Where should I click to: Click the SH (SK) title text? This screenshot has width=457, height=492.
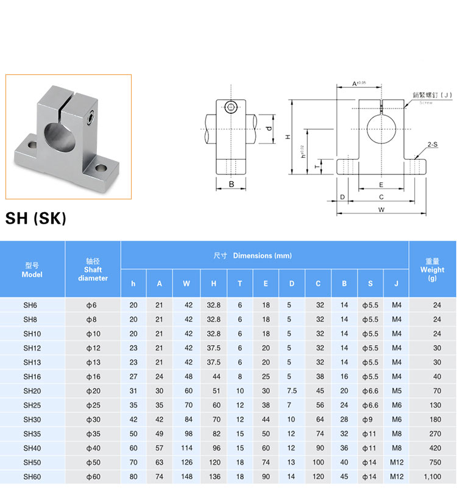pos(36,218)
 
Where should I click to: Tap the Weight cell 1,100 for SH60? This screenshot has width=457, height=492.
pos(433,477)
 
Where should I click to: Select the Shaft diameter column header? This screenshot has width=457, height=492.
pos(93,269)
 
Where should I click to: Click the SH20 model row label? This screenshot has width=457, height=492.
pos(32,391)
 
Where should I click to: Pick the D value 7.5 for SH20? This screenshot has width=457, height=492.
pos(292,391)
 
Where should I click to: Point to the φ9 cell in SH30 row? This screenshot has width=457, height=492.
pos(367,419)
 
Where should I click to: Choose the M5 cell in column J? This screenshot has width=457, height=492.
pos(397,391)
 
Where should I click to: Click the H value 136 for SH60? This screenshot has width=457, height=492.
pos(215,477)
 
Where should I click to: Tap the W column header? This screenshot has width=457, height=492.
pos(186,283)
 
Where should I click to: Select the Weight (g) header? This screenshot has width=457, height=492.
pos(432,269)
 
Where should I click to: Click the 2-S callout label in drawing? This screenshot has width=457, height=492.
pos(433,144)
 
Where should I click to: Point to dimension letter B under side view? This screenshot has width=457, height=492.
pos(232,184)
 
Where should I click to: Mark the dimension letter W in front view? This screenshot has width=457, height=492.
pos(381,210)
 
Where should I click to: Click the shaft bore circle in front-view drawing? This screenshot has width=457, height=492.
pos(381,129)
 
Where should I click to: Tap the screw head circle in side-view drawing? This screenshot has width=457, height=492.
pos(231,107)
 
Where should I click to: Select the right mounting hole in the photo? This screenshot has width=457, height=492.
pos(101,168)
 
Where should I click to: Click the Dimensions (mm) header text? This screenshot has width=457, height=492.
pos(262,255)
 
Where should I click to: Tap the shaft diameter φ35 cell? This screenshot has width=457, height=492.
pos(93,434)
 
